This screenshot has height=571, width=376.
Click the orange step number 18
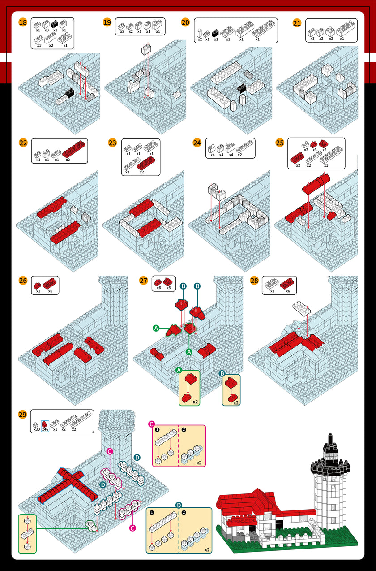[x=23, y=22]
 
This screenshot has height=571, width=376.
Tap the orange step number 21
[x=297, y=23]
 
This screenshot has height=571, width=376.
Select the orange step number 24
[x=197, y=143]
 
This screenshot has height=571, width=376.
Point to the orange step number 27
[x=144, y=281]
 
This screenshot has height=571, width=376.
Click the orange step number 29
[x=22, y=415]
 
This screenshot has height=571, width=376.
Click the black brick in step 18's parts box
[x=55, y=24]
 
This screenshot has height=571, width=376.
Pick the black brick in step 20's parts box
[x=215, y=33]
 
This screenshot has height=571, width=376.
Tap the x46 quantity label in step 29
[x=45, y=429]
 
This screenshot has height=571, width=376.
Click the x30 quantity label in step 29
[x=37, y=429]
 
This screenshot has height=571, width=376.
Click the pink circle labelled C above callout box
[x=151, y=424]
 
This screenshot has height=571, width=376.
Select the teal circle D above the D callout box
[x=179, y=505]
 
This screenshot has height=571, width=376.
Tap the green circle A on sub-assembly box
[x=179, y=370]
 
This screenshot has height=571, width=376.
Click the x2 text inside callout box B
[x=236, y=403]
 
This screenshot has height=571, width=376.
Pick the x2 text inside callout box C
[x=199, y=463]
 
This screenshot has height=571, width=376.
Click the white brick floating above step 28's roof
[x=302, y=307]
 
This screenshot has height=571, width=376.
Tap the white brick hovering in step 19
[x=146, y=49]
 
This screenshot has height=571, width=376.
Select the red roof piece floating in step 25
[x=316, y=183]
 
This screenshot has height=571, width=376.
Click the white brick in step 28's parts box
[x=272, y=283]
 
